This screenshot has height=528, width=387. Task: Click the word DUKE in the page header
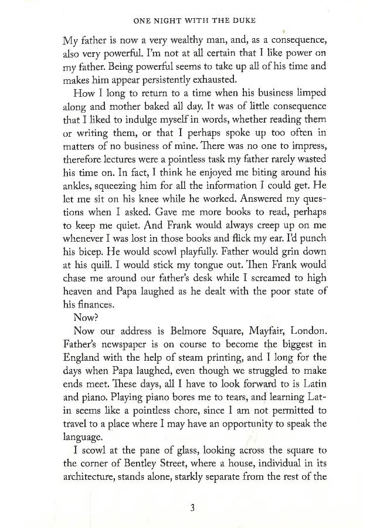pyautogui.click(x=243, y=20)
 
